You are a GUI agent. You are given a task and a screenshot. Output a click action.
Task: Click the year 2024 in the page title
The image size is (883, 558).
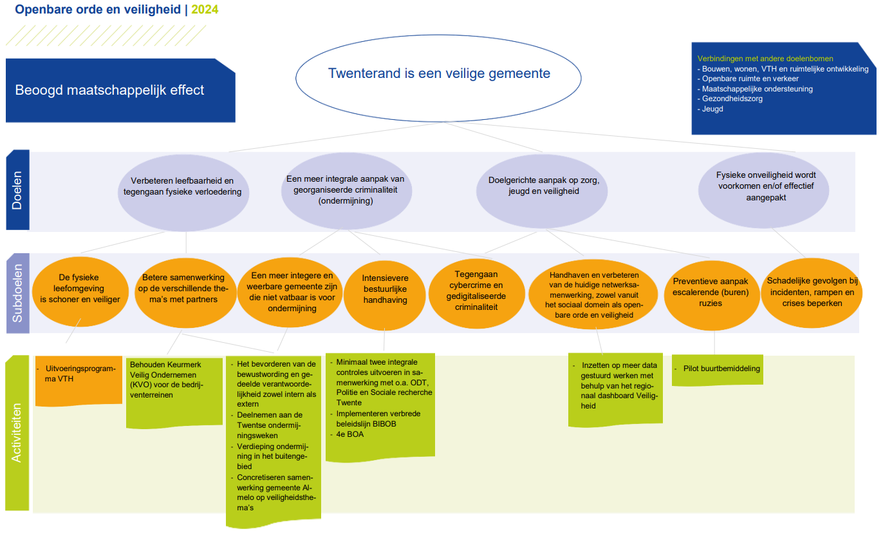205,9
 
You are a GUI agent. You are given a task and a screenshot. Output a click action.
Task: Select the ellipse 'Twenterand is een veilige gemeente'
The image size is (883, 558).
438,78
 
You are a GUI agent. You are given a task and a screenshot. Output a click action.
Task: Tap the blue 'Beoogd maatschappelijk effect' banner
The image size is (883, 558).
120,90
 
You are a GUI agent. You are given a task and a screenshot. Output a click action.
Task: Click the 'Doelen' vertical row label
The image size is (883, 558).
18,190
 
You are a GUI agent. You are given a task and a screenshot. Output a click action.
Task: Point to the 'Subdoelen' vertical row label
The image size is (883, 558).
18,293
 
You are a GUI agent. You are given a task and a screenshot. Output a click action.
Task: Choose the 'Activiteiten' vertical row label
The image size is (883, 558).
17,433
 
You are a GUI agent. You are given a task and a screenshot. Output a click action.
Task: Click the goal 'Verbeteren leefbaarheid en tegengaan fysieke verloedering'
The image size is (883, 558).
183,192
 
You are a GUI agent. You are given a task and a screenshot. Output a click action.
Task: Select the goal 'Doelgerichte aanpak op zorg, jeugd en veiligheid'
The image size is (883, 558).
542,191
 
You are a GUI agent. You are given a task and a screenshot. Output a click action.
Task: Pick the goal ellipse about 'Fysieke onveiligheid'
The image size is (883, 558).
763,190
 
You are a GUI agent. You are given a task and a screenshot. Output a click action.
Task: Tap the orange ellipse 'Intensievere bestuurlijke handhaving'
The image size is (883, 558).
385,294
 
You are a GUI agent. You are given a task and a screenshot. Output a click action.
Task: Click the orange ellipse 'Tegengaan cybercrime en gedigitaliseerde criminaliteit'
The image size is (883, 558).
477,294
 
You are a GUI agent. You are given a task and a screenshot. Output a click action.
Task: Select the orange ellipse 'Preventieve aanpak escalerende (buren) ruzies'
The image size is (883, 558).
712,295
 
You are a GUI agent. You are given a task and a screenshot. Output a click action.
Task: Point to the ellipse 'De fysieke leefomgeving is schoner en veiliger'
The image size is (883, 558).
80,292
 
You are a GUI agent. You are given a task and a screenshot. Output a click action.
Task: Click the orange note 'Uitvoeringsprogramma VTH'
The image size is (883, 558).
79,381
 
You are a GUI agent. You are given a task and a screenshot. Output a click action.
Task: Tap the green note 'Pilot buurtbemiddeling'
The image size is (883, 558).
718,370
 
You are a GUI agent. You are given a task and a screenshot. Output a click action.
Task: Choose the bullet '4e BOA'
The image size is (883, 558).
349,434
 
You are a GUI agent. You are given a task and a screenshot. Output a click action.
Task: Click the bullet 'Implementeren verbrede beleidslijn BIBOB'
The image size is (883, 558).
378,419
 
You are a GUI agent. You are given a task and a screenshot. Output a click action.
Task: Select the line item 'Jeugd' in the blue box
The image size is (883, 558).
712,109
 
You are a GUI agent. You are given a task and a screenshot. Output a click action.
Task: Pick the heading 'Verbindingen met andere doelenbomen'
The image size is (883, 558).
765,59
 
